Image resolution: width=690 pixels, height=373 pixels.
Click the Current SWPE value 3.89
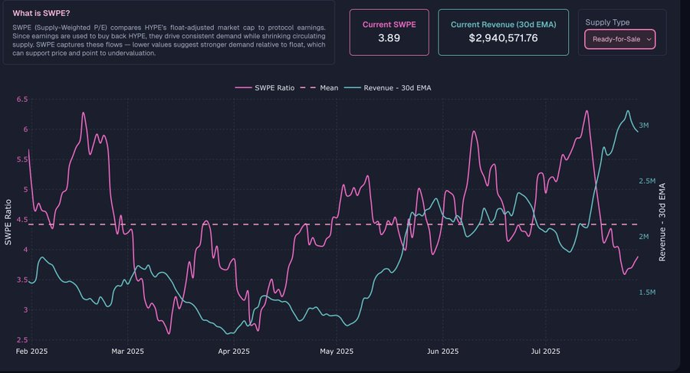[x=389, y=38]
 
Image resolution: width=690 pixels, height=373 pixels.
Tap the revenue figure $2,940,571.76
[x=503, y=38]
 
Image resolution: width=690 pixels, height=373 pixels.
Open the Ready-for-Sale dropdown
[x=619, y=38]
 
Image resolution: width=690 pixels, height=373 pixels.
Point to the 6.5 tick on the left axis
[x=21, y=100]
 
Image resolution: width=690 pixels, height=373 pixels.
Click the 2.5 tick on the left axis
[x=21, y=339]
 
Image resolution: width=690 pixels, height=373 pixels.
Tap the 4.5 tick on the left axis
[x=21, y=220]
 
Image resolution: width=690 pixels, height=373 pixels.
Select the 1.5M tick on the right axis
[x=647, y=293]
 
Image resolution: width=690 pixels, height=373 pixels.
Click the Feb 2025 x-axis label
[x=32, y=352]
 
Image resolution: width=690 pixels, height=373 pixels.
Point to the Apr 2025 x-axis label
[x=234, y=352]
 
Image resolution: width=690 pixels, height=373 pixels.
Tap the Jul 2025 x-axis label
[x=546, y=352]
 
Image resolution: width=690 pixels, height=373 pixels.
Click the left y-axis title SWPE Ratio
[x=8, y=220]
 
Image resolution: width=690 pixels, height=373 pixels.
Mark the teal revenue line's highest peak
[x=628, y=111]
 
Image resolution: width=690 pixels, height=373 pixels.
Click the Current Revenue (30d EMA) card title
[x=503, y=25]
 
